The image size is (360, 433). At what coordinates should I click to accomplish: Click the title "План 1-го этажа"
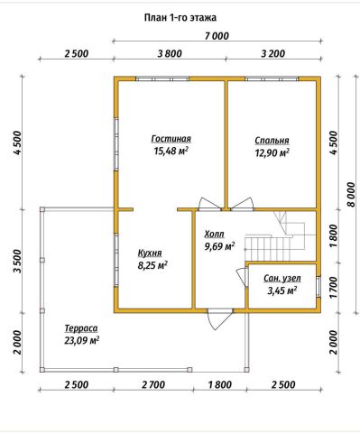click(180, 18)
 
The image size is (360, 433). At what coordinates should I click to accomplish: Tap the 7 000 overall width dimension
click(217, 36)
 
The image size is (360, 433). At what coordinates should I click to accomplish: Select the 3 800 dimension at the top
click(170, 54)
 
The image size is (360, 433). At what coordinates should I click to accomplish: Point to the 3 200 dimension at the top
click(272, 54)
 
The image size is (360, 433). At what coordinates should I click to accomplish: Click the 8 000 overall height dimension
click(351, 195)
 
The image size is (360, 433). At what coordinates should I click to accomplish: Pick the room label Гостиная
click(171, 139)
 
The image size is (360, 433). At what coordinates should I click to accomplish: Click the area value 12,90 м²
click(272, 152)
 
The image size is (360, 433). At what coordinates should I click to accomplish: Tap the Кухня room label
click(150, 253)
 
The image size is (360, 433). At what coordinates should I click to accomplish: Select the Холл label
click(214, 234)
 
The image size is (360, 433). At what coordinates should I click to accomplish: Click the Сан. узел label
click(282, 279)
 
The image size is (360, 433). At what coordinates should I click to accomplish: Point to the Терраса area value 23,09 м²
click(82, 341)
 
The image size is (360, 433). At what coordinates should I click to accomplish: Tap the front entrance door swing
click(219, 321)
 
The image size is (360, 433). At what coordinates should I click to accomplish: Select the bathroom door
click(242, 277)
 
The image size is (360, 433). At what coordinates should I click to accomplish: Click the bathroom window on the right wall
click(318, 287)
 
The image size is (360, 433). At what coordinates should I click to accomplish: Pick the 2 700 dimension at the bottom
click(152, 384)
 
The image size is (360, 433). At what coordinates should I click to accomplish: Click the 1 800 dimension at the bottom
click(219, 384)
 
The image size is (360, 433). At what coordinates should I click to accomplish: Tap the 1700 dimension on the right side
click(334, 288)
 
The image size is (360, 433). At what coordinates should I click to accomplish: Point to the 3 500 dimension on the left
click(18, 261)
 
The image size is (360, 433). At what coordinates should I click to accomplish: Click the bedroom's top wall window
click(272, 79)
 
